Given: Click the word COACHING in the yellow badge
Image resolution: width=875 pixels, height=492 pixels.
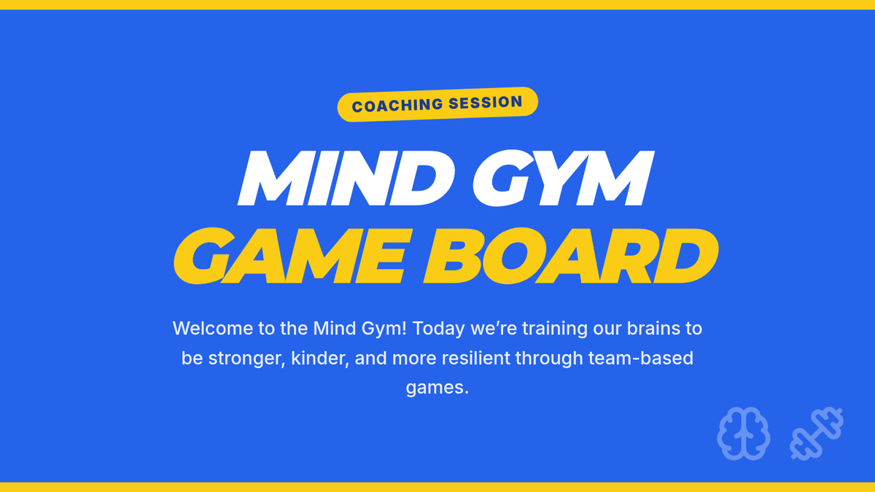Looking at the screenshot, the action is coord(397,106).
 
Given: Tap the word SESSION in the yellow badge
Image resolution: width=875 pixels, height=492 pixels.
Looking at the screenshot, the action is coord(486,103).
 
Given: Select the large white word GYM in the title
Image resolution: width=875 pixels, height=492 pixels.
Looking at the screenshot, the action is coord(563,178).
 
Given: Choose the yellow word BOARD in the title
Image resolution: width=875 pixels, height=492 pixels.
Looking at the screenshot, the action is coord(571,256).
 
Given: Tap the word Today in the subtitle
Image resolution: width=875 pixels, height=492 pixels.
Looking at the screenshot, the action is coord(439,329).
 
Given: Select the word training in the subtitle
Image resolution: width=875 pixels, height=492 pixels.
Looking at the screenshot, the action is coord(555,329).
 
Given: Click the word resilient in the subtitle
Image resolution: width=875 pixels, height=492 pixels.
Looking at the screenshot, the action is coord(475,358).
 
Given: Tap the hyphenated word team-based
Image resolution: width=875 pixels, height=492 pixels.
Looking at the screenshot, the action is coord(641,358).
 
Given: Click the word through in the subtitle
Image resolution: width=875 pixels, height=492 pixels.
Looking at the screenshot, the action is coord(549,359).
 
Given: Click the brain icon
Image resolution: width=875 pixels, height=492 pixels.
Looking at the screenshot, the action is coord(744,434).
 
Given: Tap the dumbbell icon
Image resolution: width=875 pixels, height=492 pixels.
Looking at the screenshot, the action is coord(817,434).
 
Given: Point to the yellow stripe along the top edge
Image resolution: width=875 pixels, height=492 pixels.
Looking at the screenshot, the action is coord(437,4).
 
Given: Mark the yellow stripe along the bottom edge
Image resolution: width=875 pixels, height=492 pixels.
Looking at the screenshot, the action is coord(437,487).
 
